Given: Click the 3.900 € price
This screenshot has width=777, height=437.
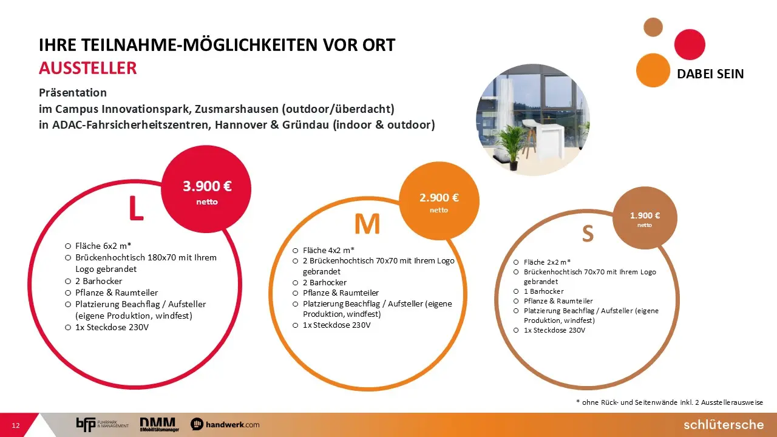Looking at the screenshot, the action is click(x=207, y=186).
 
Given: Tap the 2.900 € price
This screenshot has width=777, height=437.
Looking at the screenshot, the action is click(x=439, y=198).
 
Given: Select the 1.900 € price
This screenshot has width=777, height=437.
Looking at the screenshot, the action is click(x=645, y=215).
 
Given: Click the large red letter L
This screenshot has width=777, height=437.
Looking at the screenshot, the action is click(x=136, y=208).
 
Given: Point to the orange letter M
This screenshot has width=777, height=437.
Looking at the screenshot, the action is click(x=367, y=224).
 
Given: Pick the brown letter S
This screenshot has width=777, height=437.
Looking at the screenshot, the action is click(x=588, y=234).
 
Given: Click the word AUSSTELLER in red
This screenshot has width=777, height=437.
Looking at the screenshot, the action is click(x=88, y=68).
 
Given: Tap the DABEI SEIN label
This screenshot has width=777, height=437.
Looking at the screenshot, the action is click(x=710, y=74).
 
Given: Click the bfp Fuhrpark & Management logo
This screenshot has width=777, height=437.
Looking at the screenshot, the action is click(x=103, y=424).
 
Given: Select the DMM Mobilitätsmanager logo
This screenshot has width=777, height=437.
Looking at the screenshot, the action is click(x=160, y=424).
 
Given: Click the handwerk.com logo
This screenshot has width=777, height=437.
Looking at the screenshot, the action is click(x=225, y=424).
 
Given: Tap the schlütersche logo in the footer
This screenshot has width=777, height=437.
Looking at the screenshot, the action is click(x=724, y=425).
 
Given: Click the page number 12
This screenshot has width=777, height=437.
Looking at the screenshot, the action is click(x=16, y=425).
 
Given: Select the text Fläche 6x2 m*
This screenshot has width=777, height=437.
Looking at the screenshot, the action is click(x=103, y=246).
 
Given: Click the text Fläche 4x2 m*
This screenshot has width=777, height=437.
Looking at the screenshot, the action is click(x=328, y=250).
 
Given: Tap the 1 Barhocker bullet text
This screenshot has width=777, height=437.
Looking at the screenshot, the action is click(x=543, y=291).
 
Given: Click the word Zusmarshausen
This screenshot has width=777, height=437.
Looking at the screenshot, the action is click(x=237, y=109).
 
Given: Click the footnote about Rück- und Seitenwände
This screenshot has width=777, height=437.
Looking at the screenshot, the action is click(x=670, y=402).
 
